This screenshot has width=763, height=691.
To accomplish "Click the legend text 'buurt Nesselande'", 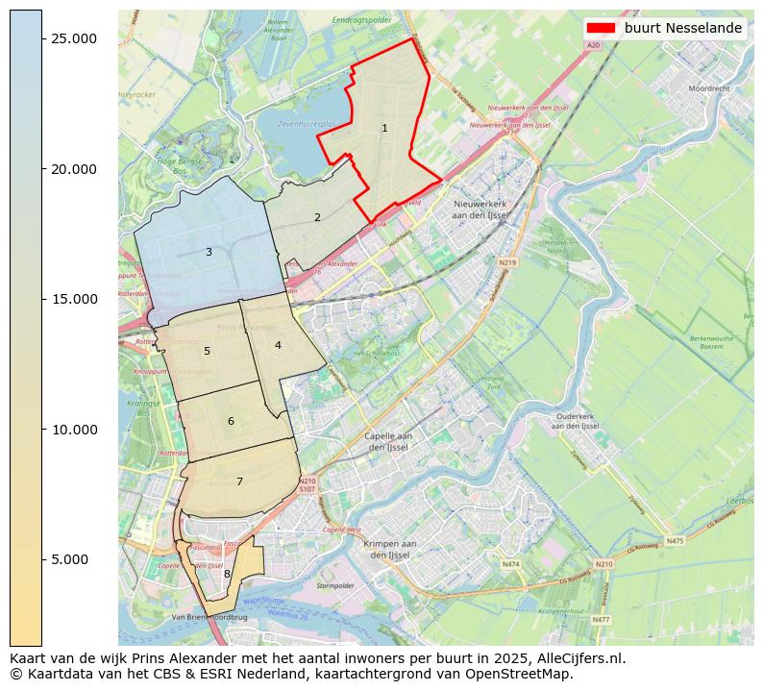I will click(x=682, y=29).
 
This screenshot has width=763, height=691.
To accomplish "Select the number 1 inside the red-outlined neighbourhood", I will click(x=384, y=128).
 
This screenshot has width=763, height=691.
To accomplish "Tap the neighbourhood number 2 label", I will click(x=317, y=217).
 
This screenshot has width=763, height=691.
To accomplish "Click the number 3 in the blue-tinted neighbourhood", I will click(x=209, y=252).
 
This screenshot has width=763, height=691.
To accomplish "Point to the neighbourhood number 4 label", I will click(x=278, y=345).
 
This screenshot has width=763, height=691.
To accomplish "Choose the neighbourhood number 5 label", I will click(x=207, y=351).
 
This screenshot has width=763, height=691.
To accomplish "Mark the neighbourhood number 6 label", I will click(x=231, y=421).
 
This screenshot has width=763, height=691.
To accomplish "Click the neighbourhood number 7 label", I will click(x=239, y=481).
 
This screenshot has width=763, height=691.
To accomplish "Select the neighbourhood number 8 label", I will click(x=227, y=574).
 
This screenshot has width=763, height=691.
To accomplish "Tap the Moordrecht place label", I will click(x=709, y=87).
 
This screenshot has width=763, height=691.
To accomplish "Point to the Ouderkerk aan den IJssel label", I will click(x=577, y=421).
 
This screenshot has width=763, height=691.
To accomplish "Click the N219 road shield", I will click(x=507, y=262).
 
